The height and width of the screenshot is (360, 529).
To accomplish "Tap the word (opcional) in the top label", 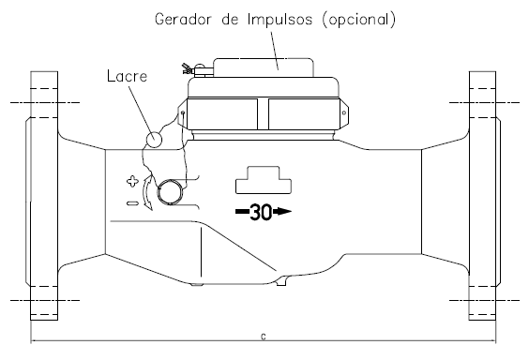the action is tap(358, 20).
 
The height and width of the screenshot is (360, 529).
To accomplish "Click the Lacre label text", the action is tap(128, 76).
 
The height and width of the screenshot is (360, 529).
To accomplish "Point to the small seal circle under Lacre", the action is tap(154, 139).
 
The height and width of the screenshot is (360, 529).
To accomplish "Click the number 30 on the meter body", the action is tap(261, 212).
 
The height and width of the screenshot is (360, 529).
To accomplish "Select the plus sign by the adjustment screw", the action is tap(132, 181).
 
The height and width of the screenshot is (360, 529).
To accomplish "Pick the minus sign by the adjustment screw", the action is tap(132, 203).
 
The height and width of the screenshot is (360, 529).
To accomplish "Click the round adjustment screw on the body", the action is tap(170, 192).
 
